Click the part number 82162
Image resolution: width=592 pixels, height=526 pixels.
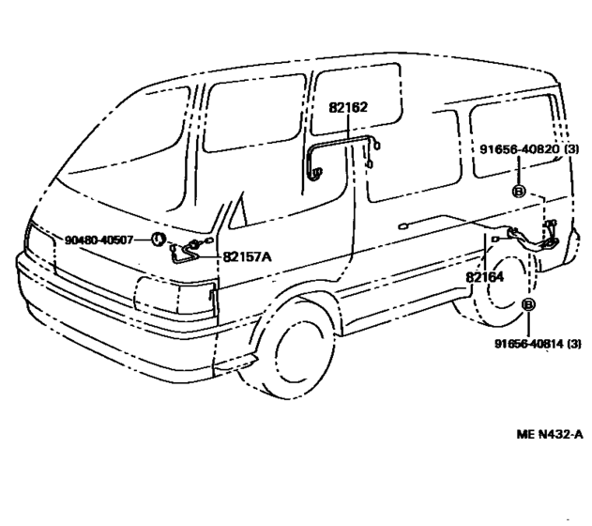pyautogui.click(x=348, y=107)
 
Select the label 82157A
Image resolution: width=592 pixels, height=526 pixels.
pyautogui.click(x=247, y=257)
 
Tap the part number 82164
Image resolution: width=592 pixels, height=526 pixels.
pyautogui.click(x=485, y=277)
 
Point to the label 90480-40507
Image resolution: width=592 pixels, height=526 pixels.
pyautogui.click(x=99, y=240)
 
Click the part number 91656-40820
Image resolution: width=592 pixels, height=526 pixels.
pyautogui.click(x=519, y=149)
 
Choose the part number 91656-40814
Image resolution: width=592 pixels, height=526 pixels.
pyautogui.click(x=530, y=344)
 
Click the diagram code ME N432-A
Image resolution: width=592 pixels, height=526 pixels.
pyautogui.click(x=550, y=434)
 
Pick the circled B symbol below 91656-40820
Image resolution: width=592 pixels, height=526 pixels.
pyautogui.click(x=519, y=192)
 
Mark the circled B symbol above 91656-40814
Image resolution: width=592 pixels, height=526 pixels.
pyautogui.click(x=528, y=304)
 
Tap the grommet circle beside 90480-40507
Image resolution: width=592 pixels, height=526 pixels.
pyautogui.click(x=159, y=240)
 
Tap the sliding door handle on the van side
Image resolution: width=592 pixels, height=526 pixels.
pyautogui.click(x=402, y=226)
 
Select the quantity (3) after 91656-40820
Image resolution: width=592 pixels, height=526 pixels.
pyautogui.click(x=571, y=149)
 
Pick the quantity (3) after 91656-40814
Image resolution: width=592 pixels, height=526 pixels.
pyautogui.click(x=574, y=344)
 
